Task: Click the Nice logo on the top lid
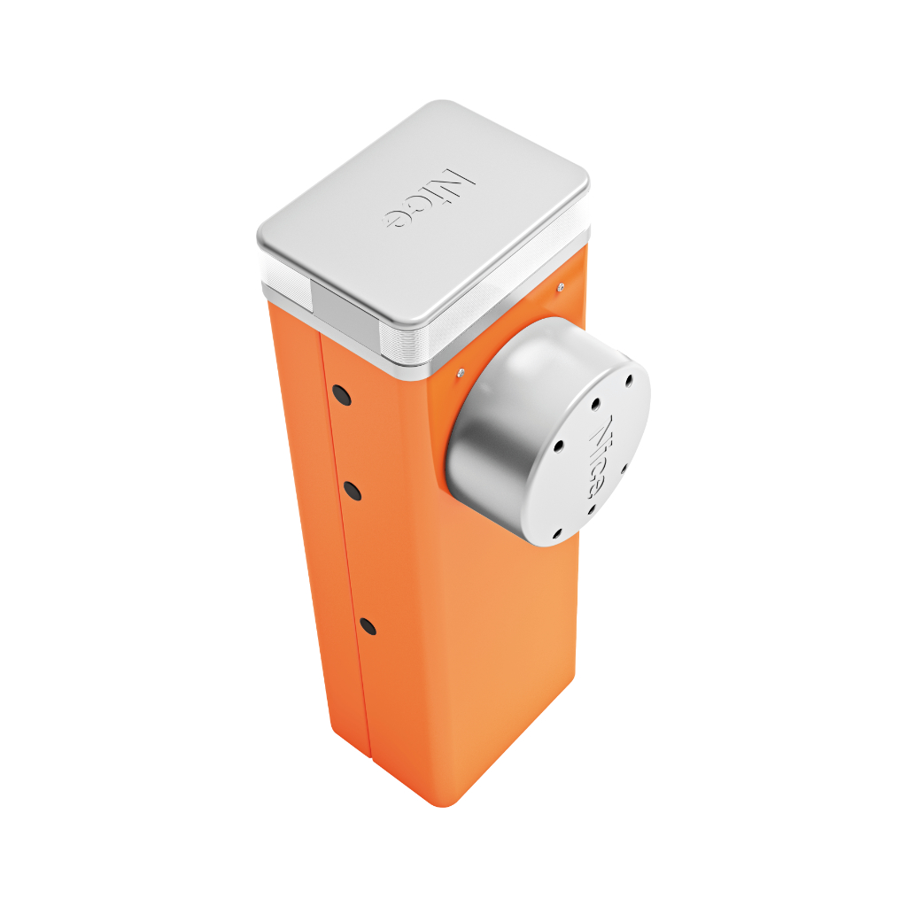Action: coord(429,198)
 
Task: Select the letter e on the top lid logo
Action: coord(394,219)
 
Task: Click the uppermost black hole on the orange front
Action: coord(342,396)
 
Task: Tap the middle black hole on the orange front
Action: coord(353,491)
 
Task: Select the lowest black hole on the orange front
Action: coord(368,626)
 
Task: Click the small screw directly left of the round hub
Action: coord(461,373)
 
